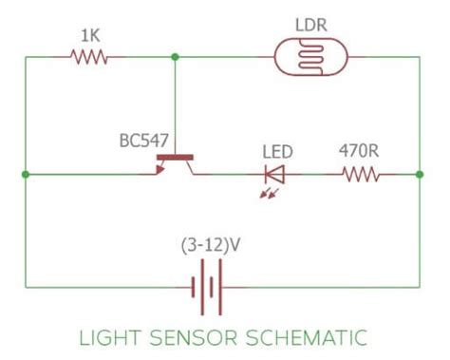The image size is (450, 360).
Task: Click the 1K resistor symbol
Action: tap(90, 57)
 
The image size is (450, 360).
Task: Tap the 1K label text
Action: tap(90, 36)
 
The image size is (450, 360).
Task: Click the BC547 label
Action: tap(143, 142)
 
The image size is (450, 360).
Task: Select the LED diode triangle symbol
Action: tap(274, 174)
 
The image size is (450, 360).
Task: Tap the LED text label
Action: tap(277, 151)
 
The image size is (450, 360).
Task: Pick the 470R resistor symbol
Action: tap(361, 174)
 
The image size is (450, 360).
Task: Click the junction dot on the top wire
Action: tap(175, 57)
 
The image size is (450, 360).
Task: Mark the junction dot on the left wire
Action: tap(25, 174)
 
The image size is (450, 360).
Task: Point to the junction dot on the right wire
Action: tap(419, 174)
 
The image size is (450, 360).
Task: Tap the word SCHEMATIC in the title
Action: tap(304, 336)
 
